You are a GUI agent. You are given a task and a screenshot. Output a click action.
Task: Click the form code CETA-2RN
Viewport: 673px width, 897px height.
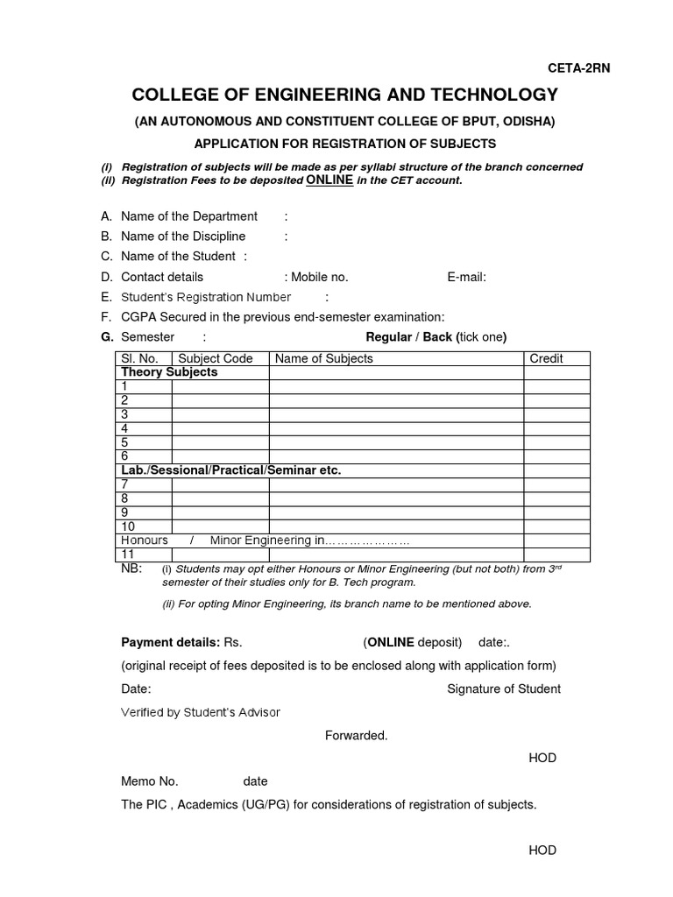pyautogui.click(x=578, y=69)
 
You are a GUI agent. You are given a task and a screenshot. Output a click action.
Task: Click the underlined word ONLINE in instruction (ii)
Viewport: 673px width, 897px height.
pyautogui.click(x=329, y=180)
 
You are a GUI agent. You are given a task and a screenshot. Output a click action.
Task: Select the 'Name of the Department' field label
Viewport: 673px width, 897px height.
pyautogui.click(x=189, y=215)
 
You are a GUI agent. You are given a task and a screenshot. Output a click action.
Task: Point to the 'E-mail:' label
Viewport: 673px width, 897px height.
pyautogui.click(x=466, y=277)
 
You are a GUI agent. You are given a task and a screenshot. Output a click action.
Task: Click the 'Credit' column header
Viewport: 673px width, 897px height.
pyautogui.click(x=546, y=358)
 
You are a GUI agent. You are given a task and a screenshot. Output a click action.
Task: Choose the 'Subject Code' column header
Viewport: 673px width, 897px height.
pyautogui.click(x=216, y=358)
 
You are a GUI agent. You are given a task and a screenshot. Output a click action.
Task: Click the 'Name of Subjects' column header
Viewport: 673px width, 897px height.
pyautogui.click(x=324, y=358)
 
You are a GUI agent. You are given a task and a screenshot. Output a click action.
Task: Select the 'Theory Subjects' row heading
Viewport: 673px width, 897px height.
pyautogui.click(x=169, y=372)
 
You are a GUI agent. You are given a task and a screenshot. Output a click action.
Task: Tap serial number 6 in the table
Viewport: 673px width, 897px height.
pyautogui.click(x=125, y=456)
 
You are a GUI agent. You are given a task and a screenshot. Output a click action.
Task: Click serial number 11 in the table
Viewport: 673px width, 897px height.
pyautogui.click(x=128, y=554)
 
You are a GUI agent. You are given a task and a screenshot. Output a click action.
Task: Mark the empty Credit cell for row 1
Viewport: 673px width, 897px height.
pyautogui.click(x=556, y=386)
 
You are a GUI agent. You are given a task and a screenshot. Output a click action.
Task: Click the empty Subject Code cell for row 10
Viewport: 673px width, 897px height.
pyautogui.click(x=220, y=526)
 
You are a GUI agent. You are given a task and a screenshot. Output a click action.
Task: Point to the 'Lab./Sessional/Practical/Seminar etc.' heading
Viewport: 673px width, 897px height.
pyautogui.click(x=230, y=470)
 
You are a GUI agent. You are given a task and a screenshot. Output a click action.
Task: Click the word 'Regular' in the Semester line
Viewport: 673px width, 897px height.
pyautogui.click(x=388, y=337)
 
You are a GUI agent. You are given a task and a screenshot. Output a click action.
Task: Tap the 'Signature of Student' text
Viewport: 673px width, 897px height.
pyautogui.click(x=504, y=689)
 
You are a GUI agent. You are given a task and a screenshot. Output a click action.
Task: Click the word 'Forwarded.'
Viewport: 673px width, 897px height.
pyautogui.click(x=356, y=735)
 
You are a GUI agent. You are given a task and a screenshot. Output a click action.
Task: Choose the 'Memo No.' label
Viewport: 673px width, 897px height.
pyautogui.click(x=149, y=781)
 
